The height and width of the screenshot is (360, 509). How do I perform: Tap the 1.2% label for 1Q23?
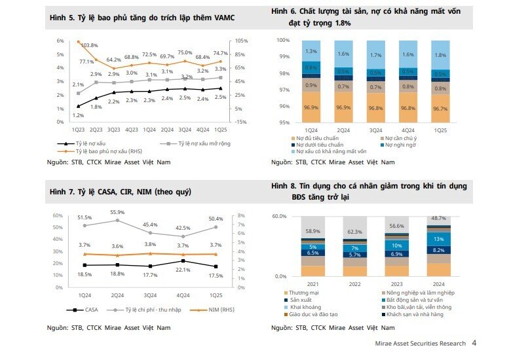(77, 115)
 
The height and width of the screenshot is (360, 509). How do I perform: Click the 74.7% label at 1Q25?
(220, 53)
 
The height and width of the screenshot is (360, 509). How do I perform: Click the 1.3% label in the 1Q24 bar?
(311, 51)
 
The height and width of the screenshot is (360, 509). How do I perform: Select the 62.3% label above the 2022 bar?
(355, 232)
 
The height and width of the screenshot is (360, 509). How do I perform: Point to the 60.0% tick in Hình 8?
(280, 216)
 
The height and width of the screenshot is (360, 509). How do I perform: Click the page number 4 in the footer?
(474, 342)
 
